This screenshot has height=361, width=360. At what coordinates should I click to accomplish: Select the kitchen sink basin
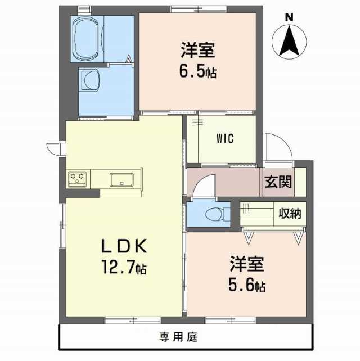pyautogui.click(x=121, y=179)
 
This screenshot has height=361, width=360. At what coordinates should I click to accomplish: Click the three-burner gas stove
pyautogui.click(x=77, y=179)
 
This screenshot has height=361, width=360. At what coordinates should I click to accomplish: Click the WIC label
pyautogui.click(x=225, y=138)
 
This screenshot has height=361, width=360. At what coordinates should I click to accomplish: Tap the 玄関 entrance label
pyautogui.click(x=278, y=182)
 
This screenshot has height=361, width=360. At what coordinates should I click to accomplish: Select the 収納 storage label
pyautogui.click(x=290, y=214)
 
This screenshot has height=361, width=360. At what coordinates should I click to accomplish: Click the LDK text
pyautogui.click(x=124, y=246)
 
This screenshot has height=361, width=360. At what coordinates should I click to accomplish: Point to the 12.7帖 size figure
pyautogui.click(x=124, y=268)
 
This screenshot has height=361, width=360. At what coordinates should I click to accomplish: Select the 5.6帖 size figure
pyautogui.click(x=247, y=285)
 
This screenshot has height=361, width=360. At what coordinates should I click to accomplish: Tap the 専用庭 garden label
pyautogui.click(x=178, y=337)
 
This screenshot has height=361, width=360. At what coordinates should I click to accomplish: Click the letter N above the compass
pyautogui.click(x=289, y=18)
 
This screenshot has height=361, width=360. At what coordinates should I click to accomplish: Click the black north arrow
pyautogui.click(x=289, y=41)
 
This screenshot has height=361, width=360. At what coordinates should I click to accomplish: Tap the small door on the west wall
pyautogui.click(x=53, y=149)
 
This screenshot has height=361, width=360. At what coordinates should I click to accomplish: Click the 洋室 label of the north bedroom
pyautogui.click(x=198, y=50)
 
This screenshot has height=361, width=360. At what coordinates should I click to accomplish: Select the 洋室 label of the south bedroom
pyautogui.click(x=247, y=264)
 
